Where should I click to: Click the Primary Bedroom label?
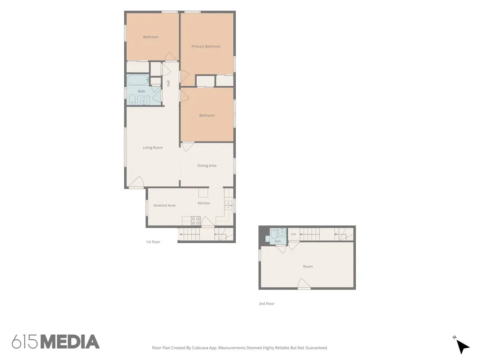pyautogui.click(x=206, y=46)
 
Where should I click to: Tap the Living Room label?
pyautogui.click(x=152, y=148)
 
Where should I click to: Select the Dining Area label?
pyautogui.click(x=207, y=165)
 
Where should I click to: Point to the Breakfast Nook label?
pyautogui.click(x=165, y=205)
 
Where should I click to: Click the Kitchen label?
pyautogui.click(x=203, y=203)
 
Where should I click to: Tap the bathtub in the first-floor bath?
pyautogui.click(x=138, y=80)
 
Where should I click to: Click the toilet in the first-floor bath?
pyautogui.click(x=132, y=99)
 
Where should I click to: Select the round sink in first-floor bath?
pyautogui.click(x=143, y=100)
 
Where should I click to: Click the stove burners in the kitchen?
pyautogui.click(x=195, y=221)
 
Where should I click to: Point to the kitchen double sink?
pyautogui.click(x=228, y=205)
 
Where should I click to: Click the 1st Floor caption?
pyautogui.click(x=153, y=242)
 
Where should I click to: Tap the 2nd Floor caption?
pyautogui.click(x=266, y=304)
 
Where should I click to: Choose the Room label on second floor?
pyautogui.click(x=308, y=266)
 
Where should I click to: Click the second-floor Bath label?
pyautogui.click(x=277, y=241)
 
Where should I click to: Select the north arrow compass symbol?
pyautogui.click(x=463, y=346)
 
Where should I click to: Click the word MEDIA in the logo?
pyautogui.click(x=70, y=342)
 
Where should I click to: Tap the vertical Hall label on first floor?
pyautogui.click(x=168, y=83)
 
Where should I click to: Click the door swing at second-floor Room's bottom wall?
pyautogui.click(x=304, y=283)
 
